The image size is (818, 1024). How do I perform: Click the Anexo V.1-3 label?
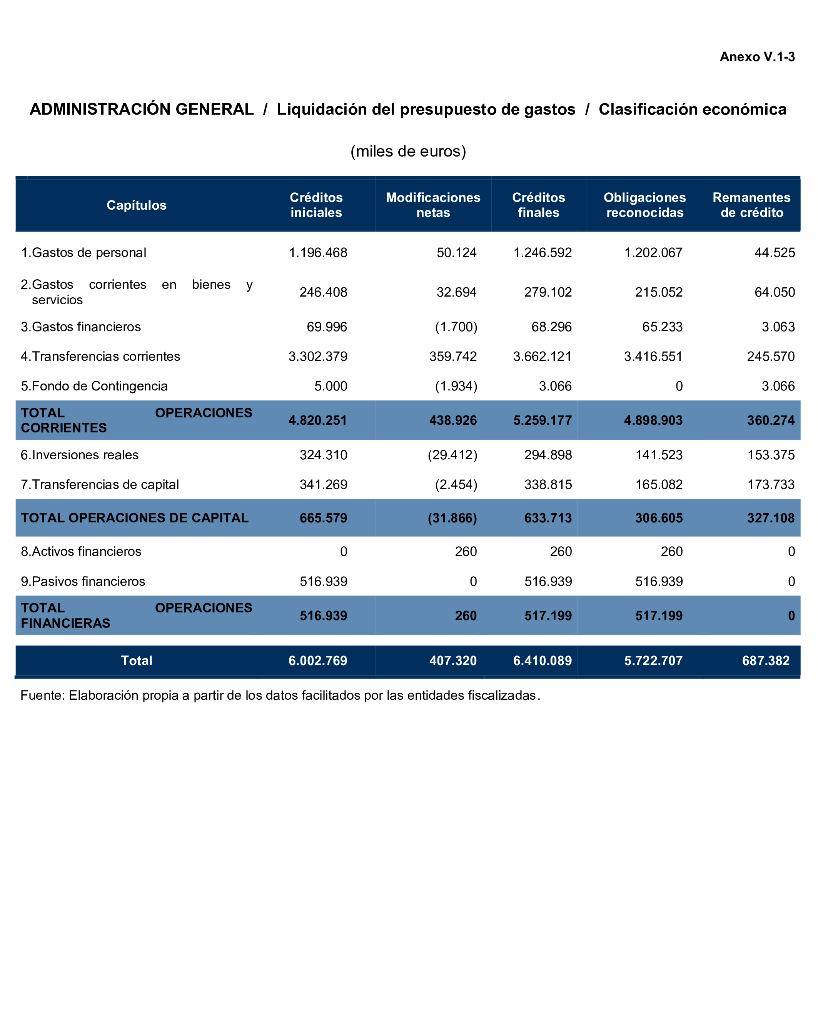coord(757,57)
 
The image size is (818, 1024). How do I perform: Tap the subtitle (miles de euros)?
coord(408,151)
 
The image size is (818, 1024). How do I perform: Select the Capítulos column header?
coord(136,205)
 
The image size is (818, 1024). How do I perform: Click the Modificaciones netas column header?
coord(433,205)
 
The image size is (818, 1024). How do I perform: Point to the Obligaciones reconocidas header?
coord(644,205)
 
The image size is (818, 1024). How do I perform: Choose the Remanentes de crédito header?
coord(751,205)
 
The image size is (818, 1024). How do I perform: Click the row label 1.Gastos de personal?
coord(83,253)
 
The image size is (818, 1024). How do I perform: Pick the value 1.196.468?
coord(318,253)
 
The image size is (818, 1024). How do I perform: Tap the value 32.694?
coord(456,292)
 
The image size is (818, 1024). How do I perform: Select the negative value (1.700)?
coord(456,327)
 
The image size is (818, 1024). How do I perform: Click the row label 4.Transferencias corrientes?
coord(100,356)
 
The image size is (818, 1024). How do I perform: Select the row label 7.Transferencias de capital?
coord(100,484)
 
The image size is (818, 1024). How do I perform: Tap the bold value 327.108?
coord(771,518)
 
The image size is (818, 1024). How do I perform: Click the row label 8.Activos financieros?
coord(81,551)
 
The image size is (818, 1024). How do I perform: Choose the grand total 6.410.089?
coord(542,660)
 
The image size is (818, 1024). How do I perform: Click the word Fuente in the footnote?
coord(42,695)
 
